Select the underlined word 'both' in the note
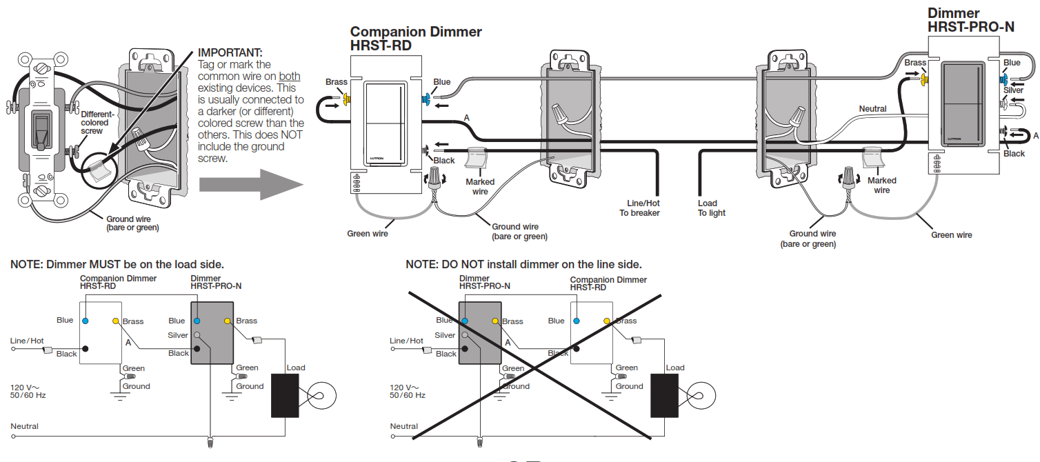coord(290,77)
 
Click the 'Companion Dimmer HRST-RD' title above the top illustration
coord(416,39)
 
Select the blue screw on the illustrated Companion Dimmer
coord(425,99)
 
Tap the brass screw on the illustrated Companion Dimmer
coord(347,99)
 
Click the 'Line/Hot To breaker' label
coord(639,208)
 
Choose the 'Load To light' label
coord(711,208)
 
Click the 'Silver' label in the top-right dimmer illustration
coord(1013,90)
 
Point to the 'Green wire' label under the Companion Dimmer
coord(367,234)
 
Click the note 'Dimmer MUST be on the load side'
coord(117,265)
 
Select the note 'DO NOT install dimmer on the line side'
coord(523,265)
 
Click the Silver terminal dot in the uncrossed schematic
coord(197,335)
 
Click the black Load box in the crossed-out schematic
coord(664,396)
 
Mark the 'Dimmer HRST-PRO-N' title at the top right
coord(970,20)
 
